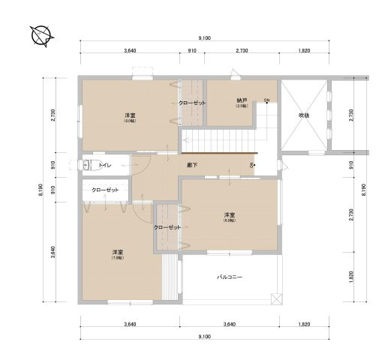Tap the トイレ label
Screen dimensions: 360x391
point(106,163)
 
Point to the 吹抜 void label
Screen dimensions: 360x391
point(304,115)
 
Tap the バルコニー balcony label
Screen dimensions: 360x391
point(230,277)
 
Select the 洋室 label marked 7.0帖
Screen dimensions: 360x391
point(118,251)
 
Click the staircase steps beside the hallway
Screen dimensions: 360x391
point(221,139)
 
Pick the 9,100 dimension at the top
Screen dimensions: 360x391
point(204,38)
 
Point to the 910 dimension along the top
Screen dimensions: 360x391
point(191,51)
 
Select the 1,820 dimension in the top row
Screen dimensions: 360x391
point(304,51)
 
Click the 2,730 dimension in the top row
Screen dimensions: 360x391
point(242,51)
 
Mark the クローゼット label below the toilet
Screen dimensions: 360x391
point(105,190)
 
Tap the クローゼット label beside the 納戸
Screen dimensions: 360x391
point(192,103)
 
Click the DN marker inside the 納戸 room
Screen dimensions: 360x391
point(266,100)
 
